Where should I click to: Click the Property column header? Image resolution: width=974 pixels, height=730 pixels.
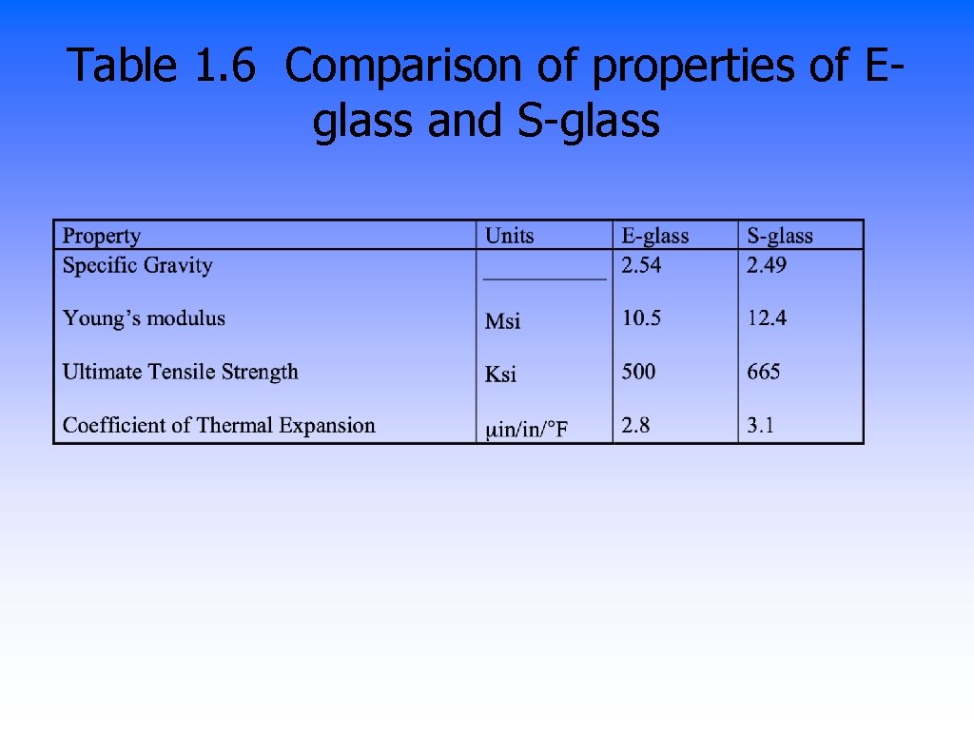[101, 236]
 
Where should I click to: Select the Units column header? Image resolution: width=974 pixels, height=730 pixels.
[510, 236]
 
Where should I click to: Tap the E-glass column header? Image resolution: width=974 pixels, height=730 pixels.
[655, 236]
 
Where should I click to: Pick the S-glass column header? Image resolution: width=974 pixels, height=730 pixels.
[780, 236]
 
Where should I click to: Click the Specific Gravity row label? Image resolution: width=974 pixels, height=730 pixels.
[137, 265]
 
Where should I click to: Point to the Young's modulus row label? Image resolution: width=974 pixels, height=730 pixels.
[144, 318]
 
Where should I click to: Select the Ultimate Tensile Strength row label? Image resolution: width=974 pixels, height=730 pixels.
[180, 372]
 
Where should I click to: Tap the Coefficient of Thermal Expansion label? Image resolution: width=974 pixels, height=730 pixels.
[219, 425]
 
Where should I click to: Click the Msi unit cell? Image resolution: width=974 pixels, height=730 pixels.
[503, 322]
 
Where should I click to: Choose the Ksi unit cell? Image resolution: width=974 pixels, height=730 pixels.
[501, 375]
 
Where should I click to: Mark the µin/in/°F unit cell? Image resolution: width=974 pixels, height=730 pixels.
[527, 431]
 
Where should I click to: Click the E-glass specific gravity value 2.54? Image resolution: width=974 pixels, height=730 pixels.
[641, 265]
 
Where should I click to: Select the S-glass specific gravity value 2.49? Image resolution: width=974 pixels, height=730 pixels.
[767, 265]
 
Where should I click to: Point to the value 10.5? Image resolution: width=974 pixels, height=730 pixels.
[641, 318]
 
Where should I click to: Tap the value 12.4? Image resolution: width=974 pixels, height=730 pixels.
[767, 318]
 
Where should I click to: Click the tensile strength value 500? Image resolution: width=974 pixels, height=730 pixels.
[638, 372]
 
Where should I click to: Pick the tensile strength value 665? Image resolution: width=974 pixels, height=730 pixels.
[764, 372]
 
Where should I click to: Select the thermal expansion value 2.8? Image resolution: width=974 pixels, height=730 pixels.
[635, 425]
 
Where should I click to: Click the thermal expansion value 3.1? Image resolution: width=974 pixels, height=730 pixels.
[761, 425]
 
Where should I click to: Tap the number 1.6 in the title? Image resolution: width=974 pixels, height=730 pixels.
[225, 67]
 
